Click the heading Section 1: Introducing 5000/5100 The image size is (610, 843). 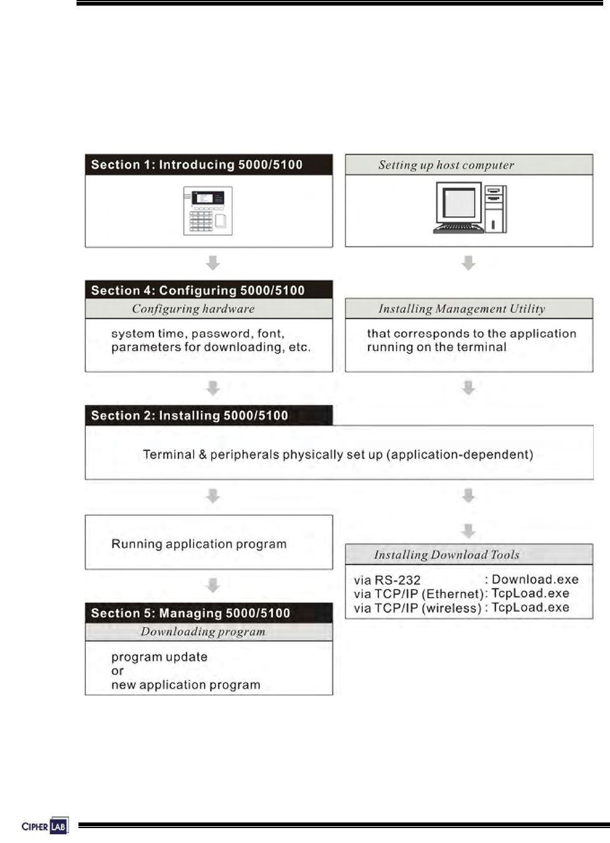click(197, 165)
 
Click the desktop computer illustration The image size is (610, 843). click(470, 208)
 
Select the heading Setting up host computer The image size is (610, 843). click(446, 165)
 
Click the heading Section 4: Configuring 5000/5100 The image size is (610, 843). click(198, 290)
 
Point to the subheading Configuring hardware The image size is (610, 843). click(193, 309)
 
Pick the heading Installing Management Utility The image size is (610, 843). click(462, 309)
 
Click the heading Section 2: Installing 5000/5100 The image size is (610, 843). click(190, 415)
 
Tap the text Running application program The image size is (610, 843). click(199, 544)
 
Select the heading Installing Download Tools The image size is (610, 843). click(446, 555)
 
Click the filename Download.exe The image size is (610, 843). click(535, 580)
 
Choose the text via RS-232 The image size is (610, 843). click(387, 580)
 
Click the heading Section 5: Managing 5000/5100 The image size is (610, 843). click(190, 613)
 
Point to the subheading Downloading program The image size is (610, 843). click(203, 632)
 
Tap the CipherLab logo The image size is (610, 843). click(44, 826)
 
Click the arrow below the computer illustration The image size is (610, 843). click(469, 263)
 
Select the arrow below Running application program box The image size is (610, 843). click(213, 585)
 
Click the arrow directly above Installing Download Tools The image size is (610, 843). click(469, 531)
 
